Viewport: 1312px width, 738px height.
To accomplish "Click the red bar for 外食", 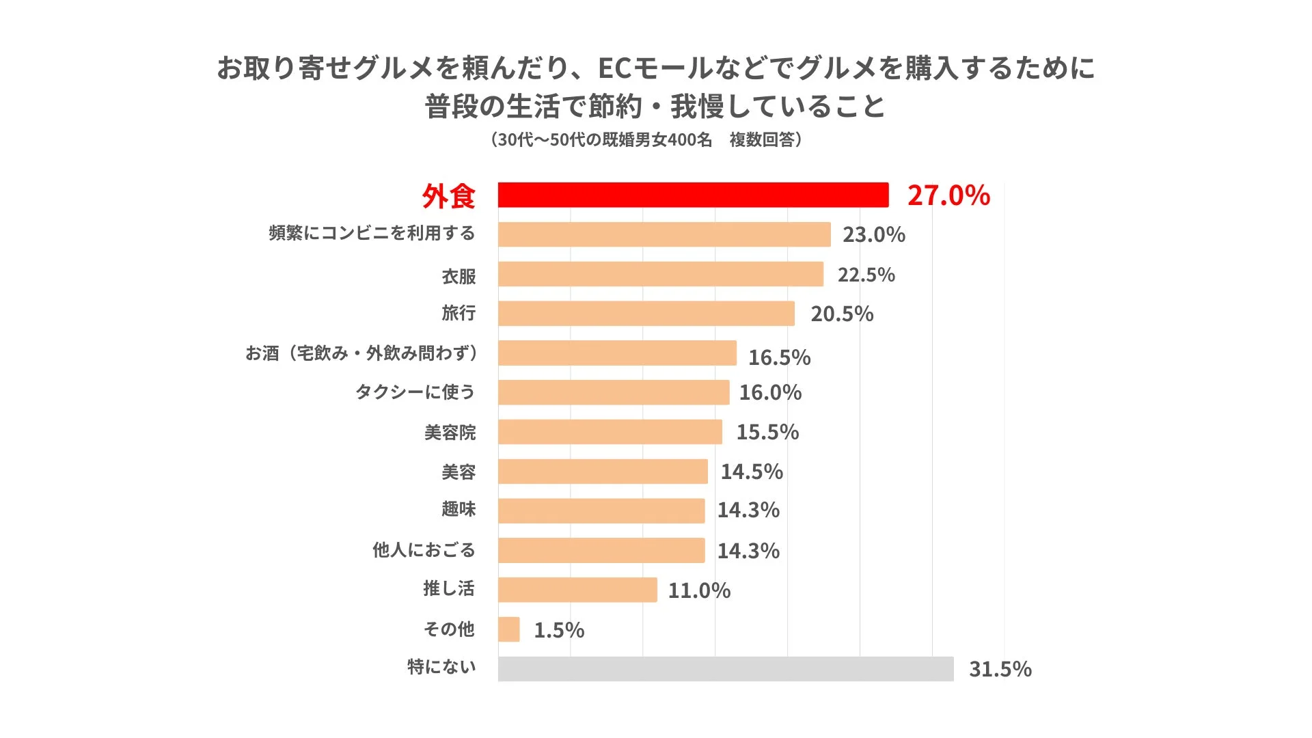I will (693, 195).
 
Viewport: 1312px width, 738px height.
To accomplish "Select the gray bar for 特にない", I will (726, 669).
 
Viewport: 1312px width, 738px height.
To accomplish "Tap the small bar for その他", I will (509, 629).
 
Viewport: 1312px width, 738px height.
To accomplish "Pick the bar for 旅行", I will (646, 314).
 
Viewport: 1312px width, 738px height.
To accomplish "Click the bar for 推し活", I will (577, 590).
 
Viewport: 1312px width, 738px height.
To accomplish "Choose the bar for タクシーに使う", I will (614, 392).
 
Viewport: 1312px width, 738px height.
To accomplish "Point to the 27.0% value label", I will (948, 195).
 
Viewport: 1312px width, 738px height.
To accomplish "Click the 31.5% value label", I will (1000, 669).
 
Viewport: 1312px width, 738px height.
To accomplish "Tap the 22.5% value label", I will (866, 275).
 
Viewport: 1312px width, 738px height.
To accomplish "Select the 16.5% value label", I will (779, 357).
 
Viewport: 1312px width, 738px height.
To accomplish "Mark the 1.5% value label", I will (558, 630).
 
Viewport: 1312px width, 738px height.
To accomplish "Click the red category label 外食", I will (448, 197).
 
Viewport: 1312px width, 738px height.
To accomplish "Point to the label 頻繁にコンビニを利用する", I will (372, 234).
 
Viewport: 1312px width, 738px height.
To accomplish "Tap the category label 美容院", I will (450, 433).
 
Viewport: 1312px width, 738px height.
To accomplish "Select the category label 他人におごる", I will (423, 550).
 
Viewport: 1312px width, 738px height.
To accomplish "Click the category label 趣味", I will (458, 510).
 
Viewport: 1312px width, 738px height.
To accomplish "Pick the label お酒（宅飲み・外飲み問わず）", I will (362, 353).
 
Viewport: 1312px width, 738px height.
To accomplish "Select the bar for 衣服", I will (661, 274).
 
